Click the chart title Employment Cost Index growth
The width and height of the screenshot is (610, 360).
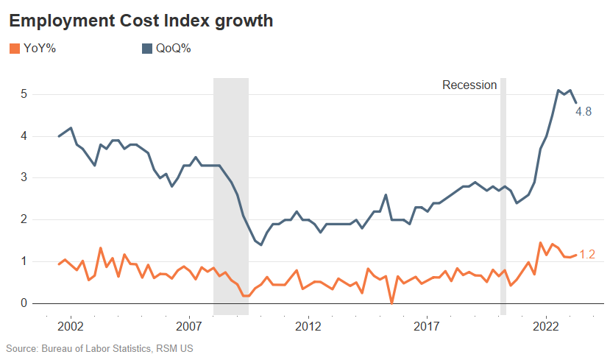click(141, 21)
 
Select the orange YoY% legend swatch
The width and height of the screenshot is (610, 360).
click(14, 49)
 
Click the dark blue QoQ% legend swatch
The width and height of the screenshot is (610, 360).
click(146, 49)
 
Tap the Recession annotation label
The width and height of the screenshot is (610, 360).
click(469, 85)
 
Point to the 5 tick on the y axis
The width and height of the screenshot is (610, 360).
click(24, 94)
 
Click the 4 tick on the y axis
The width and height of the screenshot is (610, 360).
click(24, 136)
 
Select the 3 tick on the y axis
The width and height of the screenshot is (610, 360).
click(24, 177)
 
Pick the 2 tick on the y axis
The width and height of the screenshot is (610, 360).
click(24, 219)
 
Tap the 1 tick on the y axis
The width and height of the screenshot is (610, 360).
click(24, 261)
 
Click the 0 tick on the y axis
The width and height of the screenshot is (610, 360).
click(24, 303)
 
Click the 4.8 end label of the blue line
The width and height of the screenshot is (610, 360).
click(584, 112)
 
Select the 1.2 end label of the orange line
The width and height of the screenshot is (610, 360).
click(587, 255)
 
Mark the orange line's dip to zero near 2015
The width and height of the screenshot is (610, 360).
click(391, 302)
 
